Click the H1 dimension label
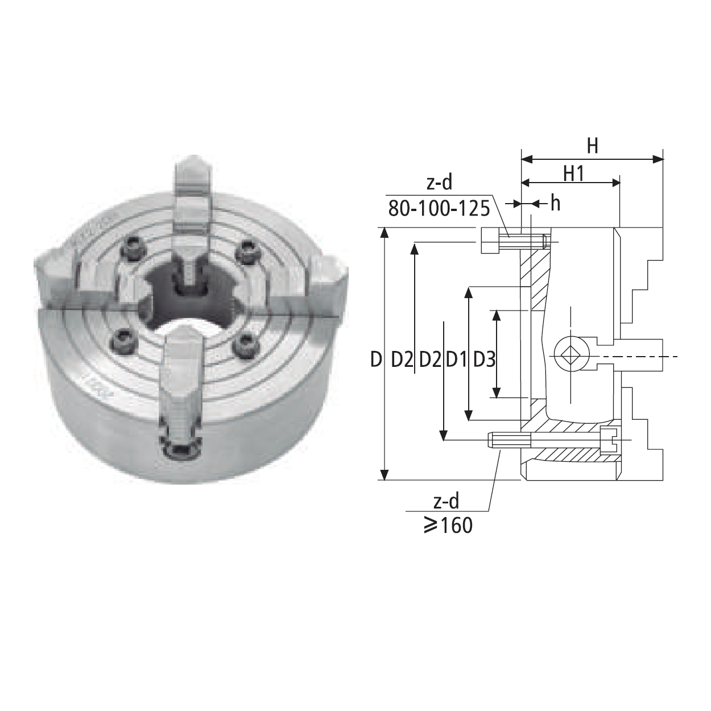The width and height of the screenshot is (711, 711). click(574, 173)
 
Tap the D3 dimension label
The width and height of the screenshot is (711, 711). click(484, 359)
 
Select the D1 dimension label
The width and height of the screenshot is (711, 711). click(457, 359)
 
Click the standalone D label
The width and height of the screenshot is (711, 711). click(375, 359)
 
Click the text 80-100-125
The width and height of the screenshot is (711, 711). click(439, 209)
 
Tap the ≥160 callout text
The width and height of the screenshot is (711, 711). click(448, 525)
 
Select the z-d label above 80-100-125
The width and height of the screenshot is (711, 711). click(439, 183)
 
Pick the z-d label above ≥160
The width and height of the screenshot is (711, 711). click(447, 502)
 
